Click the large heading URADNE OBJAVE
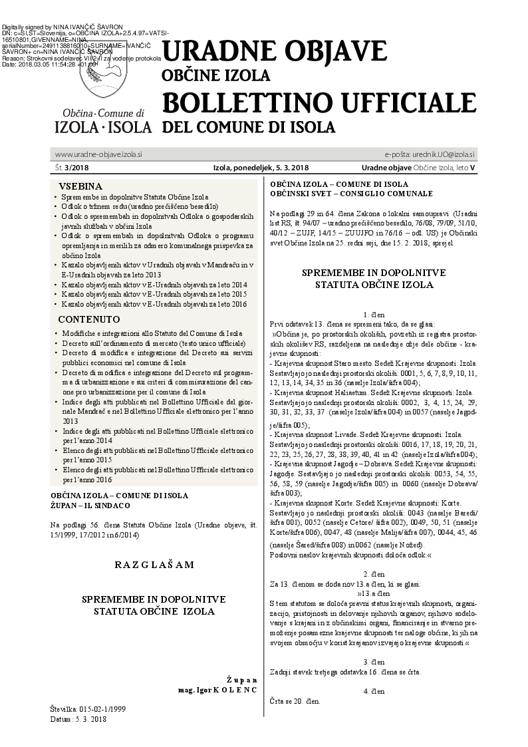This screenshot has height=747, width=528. pos(275,52)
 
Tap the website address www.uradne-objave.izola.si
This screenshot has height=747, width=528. pos(98,154)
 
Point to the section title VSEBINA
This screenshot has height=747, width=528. pos(80,186)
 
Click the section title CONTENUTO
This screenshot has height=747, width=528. pos(89,319)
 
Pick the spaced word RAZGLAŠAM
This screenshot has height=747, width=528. pos(154,565)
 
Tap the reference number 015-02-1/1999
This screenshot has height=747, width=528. pos(103,710)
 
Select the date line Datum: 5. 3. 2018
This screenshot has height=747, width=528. pos(78,719)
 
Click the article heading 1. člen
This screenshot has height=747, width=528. pos(374,313)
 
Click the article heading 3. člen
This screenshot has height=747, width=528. pos(374,662)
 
